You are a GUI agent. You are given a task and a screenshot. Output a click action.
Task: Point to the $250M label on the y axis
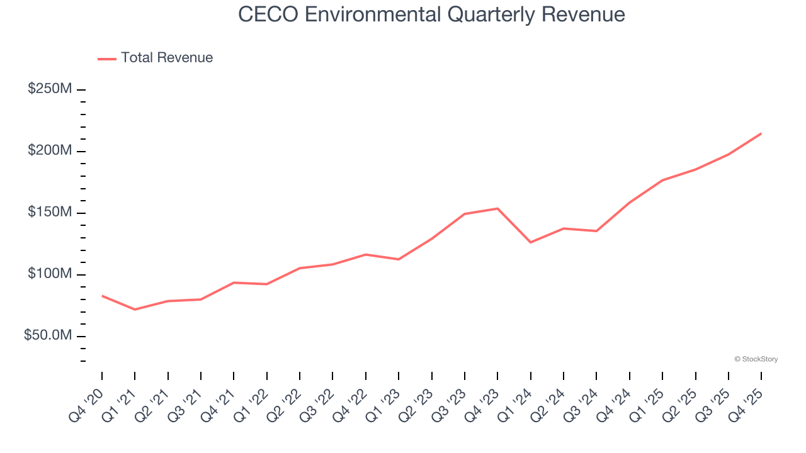pyautogui.click(x=50, y=89)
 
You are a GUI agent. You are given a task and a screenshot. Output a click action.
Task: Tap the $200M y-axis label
pyautogui.click(x=50, y=151)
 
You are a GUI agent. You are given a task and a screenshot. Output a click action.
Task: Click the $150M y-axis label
pyautogui.click(x=50, y=213)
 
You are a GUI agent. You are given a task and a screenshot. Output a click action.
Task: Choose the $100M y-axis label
pyautogui.click(x=50, y=274)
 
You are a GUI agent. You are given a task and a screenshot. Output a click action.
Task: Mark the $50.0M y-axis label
pyautogui.click(x=48, y=336)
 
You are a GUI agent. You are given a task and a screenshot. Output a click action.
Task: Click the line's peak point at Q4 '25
pyautogui.click(x=761, y=133)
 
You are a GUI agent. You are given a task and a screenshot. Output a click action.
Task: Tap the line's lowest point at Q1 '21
pyautogui.click(x=135, y=310)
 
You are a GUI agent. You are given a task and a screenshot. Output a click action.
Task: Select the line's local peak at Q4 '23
pyautogui.click(x=497, y=208)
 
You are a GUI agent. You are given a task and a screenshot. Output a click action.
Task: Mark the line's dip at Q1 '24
pyautogui.click(x=531, y=242)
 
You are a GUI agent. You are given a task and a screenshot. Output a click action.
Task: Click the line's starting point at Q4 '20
pyautogui.click(x=102, y=296)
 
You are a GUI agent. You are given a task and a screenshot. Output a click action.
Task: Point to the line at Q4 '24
pyautogui.click(x=630, y=203)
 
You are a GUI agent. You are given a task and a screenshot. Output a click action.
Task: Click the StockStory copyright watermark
pyautogui.click(x=756, y=359)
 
